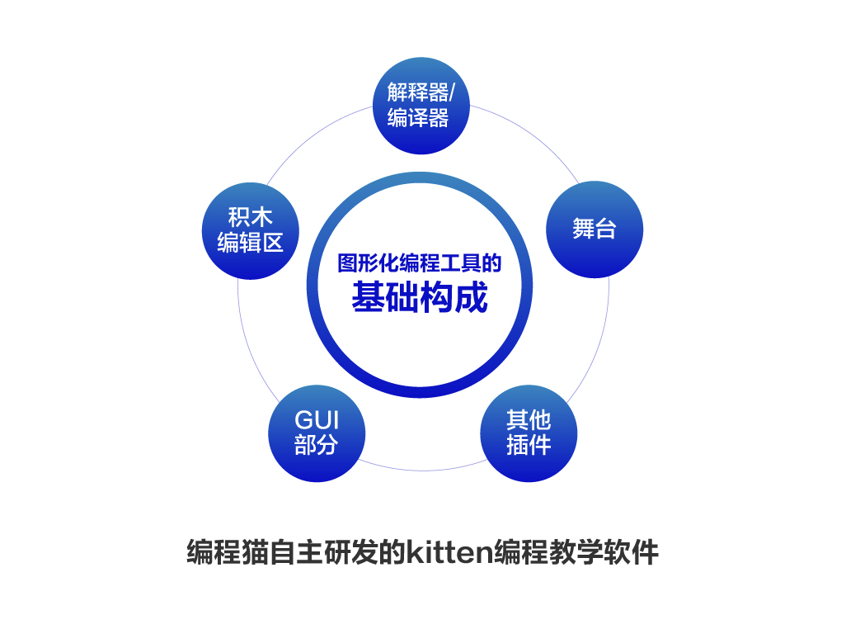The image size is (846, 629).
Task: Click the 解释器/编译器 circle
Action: tap(421, 106)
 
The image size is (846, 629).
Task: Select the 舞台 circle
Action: tap(595, 229)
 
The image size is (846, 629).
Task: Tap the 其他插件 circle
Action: tap(529, 433)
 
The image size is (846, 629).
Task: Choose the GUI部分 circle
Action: tap(317, 433)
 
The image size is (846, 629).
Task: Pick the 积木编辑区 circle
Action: tap(251, 231)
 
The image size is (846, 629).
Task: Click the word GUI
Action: tap(317, 420)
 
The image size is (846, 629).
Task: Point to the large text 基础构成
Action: tap(420, 297)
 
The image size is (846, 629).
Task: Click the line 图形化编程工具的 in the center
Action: tap(420, 263)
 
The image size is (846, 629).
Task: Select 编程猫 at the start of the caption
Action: tap(228, 551)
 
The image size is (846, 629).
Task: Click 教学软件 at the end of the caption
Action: tap(604, 551)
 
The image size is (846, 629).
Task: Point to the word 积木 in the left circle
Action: tap(251, 218)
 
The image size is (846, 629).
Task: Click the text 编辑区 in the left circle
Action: tap(251, 243)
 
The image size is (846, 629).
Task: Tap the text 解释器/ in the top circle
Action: tap(421, 92)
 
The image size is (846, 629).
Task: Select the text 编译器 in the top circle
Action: tap(417, 118)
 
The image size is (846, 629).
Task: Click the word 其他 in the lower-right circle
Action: tap(529, 419)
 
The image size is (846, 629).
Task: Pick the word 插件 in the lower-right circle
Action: tap(529, 445)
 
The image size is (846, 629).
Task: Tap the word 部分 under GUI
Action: tap(317, 445)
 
